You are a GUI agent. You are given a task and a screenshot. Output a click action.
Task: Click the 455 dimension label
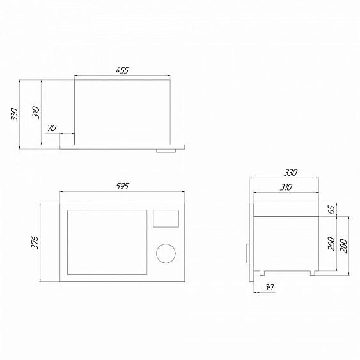(122, 70)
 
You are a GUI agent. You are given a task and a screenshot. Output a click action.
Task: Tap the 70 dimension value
(52, 128)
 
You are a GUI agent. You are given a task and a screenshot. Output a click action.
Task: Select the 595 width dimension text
(122, 186)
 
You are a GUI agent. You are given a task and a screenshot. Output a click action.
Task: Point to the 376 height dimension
(35, 242)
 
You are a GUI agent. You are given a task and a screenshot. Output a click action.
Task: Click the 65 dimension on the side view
(333, 209)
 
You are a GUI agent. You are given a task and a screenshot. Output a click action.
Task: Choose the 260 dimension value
(331, 244)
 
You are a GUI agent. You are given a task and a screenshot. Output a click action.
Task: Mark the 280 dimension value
(343, 246)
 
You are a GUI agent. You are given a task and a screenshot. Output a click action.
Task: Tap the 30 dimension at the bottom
(269, 287)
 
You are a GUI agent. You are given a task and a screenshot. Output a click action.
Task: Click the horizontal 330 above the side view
(290, 173)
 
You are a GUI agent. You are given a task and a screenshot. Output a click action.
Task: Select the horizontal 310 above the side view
(286, 187)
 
